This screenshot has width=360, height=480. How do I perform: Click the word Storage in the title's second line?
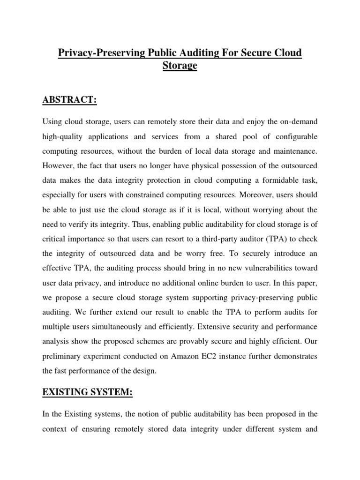coord(180,66)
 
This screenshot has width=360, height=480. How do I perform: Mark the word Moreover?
coord(255,195)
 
